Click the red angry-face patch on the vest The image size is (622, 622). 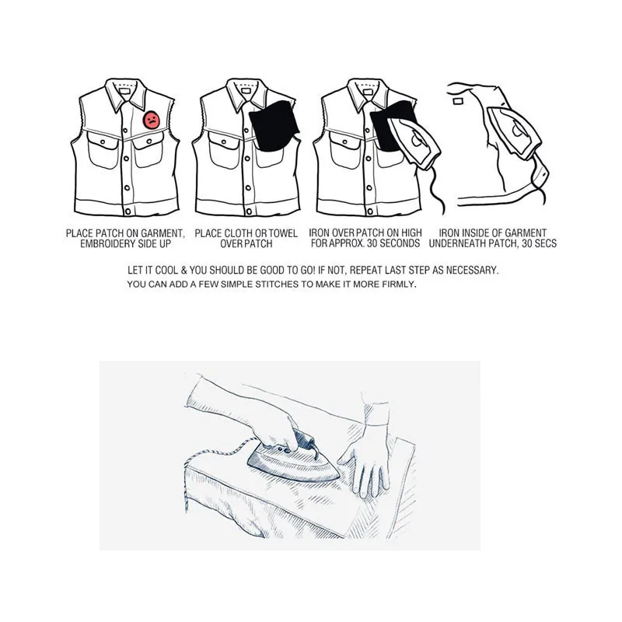[x=152, y=121]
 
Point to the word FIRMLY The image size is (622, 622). [x=397, y=285]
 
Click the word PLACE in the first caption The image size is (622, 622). [x=79, y=233]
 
